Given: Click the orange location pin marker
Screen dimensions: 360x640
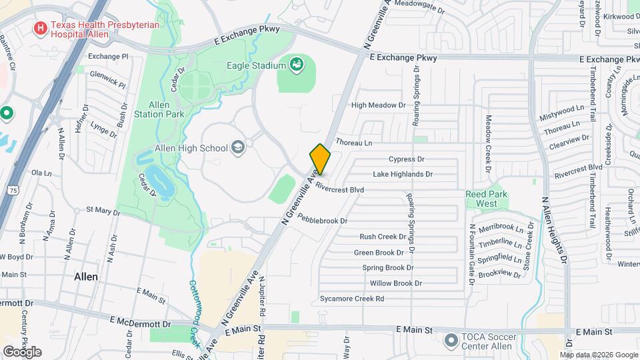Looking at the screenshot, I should [x=320, y=159].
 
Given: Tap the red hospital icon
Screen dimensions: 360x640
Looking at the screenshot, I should [x=41, y=28].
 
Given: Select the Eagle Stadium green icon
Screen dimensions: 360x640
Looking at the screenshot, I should [x=297, y=65].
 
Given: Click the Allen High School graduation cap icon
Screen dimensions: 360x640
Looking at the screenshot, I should [x=237, y=147].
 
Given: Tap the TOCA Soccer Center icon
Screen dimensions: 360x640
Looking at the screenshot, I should [x=451, y=341].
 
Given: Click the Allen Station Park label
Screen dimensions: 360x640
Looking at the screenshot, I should [x=167, y=109].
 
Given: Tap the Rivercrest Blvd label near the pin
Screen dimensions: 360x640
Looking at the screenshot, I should [x=340, y=189].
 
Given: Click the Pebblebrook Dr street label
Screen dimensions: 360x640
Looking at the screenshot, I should [x=323, y=219].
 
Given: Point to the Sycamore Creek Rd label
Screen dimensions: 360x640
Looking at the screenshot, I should [x=352, y=299].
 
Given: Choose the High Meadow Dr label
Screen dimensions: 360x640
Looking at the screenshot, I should [x=378, y=105].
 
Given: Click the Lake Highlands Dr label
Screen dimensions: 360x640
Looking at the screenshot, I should [x=403, y=174].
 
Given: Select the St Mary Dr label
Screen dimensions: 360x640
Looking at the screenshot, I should [x=103, y=211].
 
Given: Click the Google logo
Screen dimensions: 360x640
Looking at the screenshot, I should [x=22, y=351].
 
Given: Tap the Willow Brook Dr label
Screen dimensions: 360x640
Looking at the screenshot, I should [x=396, y=283].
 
